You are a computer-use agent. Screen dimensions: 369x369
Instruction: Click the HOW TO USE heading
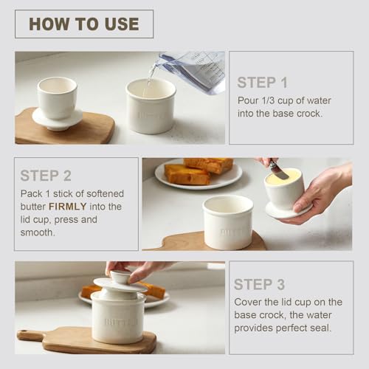[83, 24]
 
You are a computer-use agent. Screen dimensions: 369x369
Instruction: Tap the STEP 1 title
[262, 83]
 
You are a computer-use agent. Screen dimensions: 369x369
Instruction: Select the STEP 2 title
[45, 176]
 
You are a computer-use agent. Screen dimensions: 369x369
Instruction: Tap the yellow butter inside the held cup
[283, 178]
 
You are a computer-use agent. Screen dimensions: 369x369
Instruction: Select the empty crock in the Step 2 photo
[228, 221]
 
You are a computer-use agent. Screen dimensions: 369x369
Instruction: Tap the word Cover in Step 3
[250, 302]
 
